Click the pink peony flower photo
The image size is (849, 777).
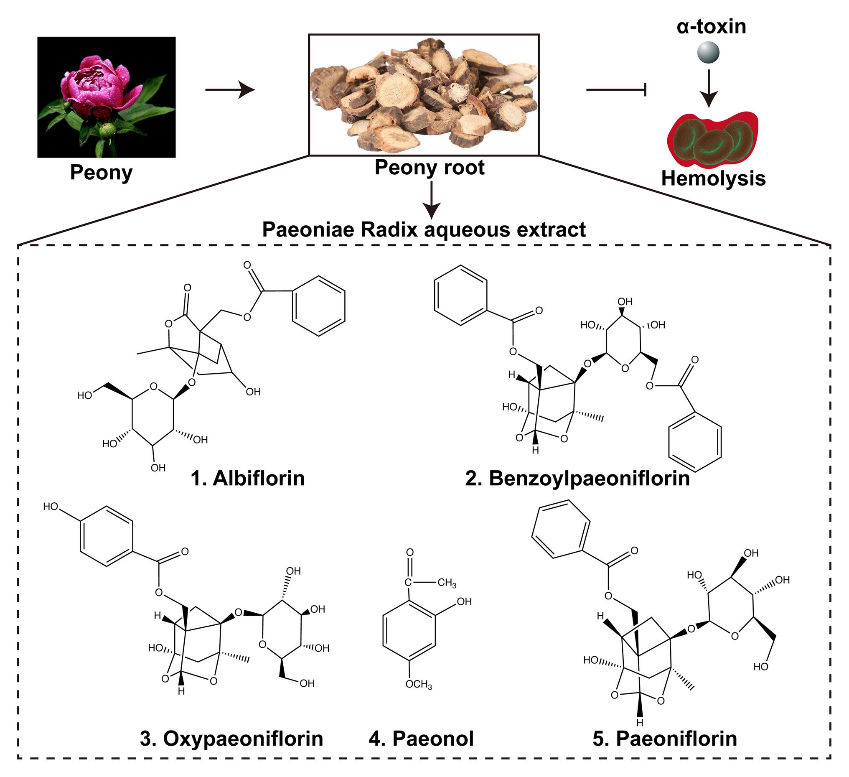click(x=106, y=97)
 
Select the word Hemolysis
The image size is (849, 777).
click(x=713, y=178)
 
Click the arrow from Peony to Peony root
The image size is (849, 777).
click(x=230, y=90)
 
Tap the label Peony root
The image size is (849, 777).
click(x=430, y=167)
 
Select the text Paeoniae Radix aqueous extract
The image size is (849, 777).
click(x=424, y=230)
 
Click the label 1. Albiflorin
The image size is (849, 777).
click(x=248, y=478)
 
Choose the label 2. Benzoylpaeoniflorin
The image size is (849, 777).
click(x=577, y=478)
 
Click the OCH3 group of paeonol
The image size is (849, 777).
click(x=419, y=685)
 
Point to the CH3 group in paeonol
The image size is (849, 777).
click(x=447, y=583)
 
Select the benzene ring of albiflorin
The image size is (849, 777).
click(x=319, y=306)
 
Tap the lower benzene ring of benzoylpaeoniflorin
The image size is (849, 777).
click(x=695, y=443)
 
